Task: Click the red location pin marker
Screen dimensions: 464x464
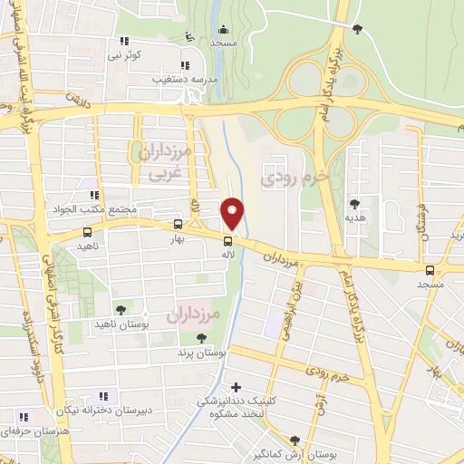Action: (x=233, y=214)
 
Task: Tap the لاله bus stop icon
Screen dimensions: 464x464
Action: (x=227, y=240)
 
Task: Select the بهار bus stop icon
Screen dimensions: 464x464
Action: (x=179, y=225)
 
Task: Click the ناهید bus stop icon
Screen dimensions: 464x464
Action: (x=87, y=233)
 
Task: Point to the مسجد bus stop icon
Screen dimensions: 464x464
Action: (x=430, y=269)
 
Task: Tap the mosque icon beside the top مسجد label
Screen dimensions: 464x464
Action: (x=188, y=37)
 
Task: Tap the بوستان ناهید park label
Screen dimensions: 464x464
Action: (x=119, y=324)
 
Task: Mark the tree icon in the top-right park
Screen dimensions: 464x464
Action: (x=357, y=29)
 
